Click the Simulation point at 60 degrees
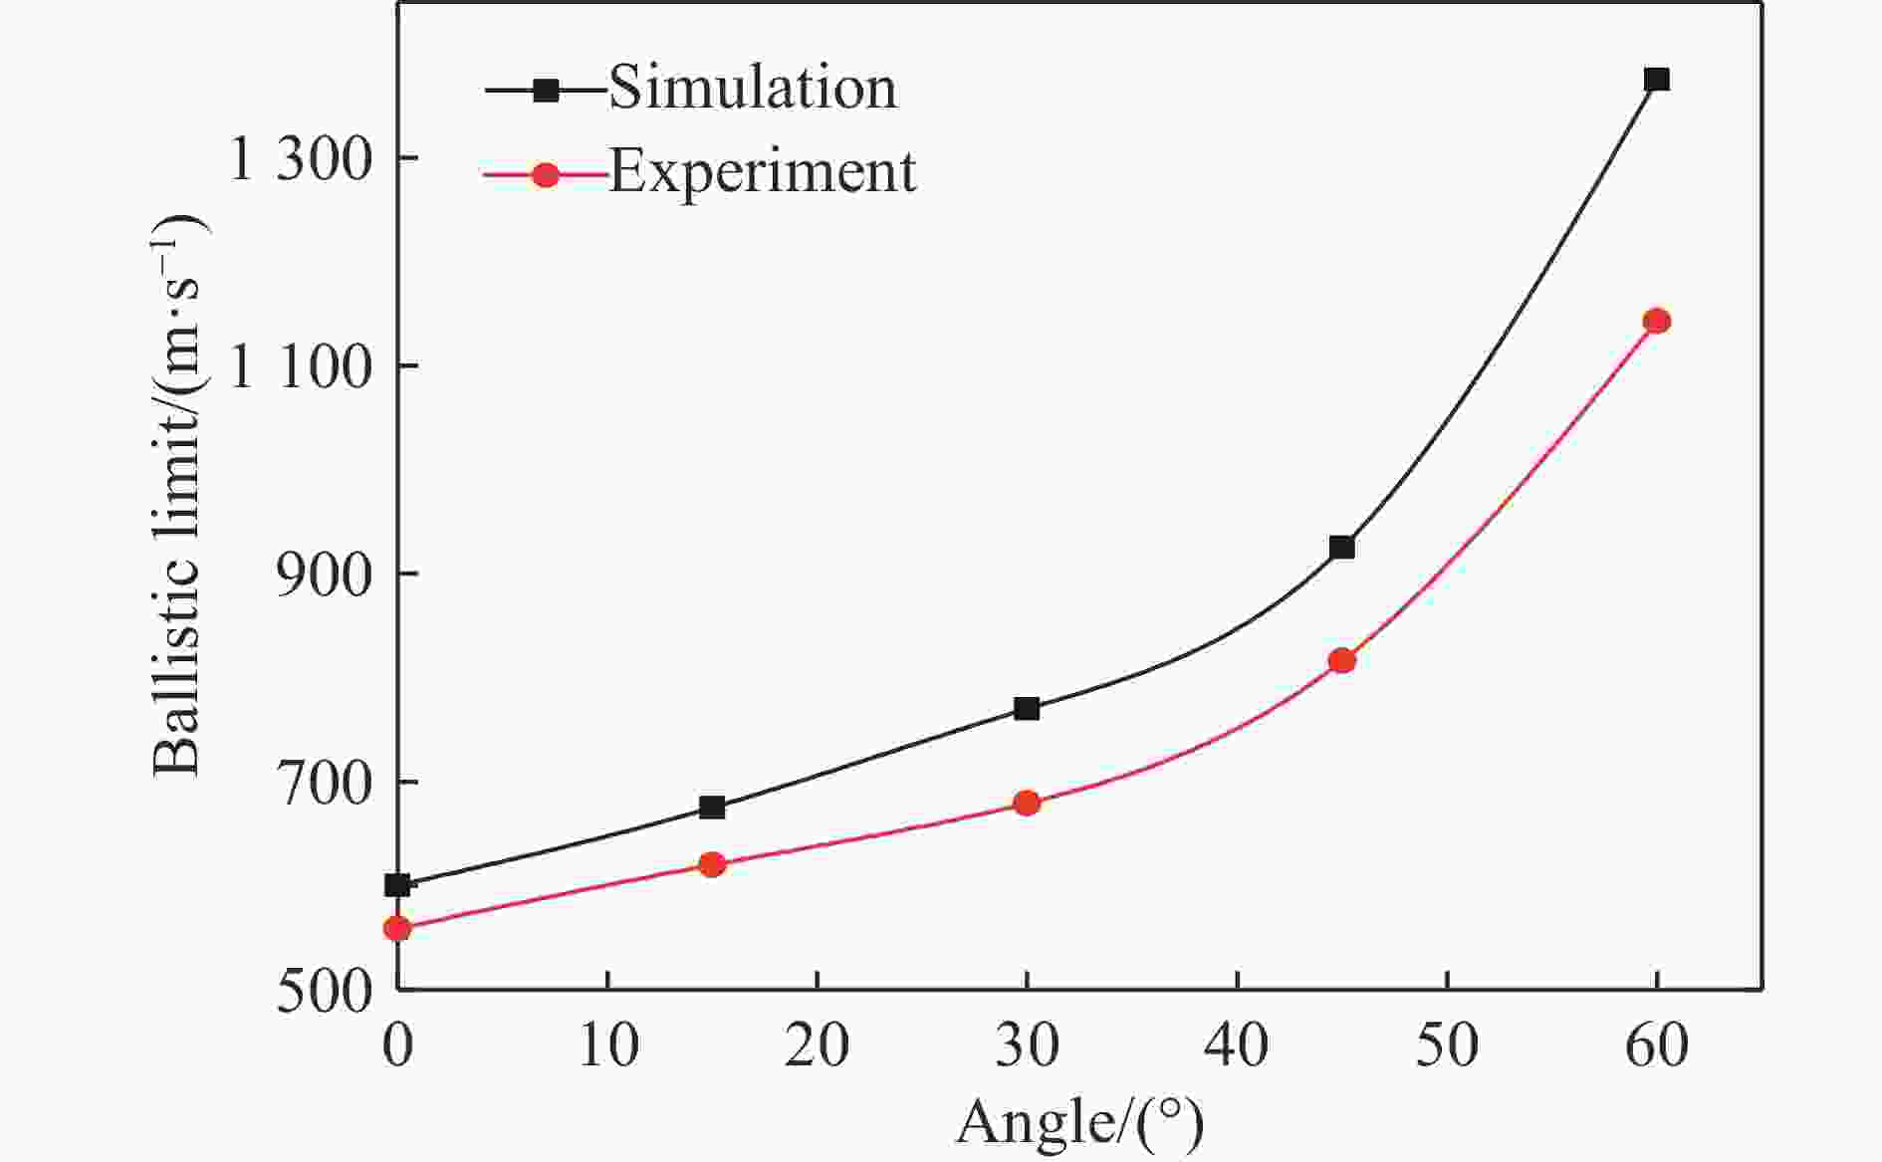tap(1656, 80)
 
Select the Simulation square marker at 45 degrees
tap(1341, 547)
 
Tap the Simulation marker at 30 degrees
tap(1027, 709)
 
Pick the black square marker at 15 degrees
tap(712, 808)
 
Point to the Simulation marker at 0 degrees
tap(397, 884)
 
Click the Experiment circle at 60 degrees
tap(1656, 321)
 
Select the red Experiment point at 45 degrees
tap(1341, 660)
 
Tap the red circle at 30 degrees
tap(1027, 803)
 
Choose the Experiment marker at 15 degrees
tap(712, 864)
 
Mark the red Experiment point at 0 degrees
tap(397, 928)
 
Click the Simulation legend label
tap(753, 88)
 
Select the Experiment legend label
tap(762, 171)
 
